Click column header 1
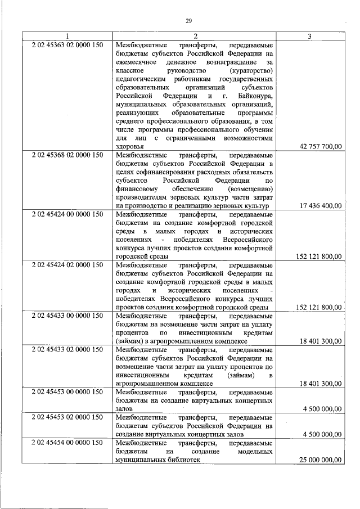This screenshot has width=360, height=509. tap(67, 37)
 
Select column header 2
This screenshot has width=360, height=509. tap(193, 37)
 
